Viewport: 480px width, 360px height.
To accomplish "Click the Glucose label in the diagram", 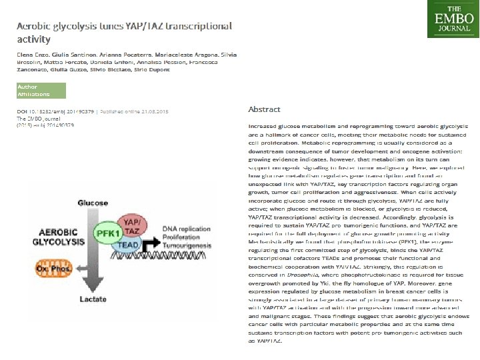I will tap(93, 202).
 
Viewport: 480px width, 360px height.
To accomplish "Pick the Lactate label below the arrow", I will tap(93, 300).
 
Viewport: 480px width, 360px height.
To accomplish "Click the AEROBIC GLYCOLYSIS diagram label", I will tap(59, 237).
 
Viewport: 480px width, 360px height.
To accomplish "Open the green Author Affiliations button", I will tap(41, 91).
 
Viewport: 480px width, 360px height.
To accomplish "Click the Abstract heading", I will tap(264, 109).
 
